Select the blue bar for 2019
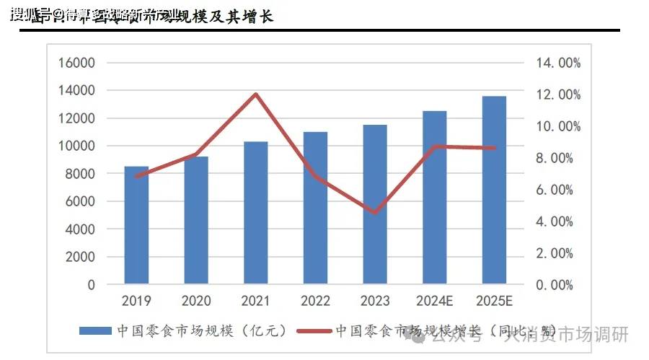pyautogui.click(x=136, y=225)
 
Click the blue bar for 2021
pyautogui.click(x=256, y=213)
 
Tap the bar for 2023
pyautogui.click(x=375, y=204)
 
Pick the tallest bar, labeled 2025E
pyautogui.click(x=494, y=190)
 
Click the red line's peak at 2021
pyautogui.click(x=256, y=94)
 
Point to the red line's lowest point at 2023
pyautogui.click(x=375, y=213)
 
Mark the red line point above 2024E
pyautogui.click(x=435, y=146)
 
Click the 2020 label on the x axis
pyautogui.click(x=196, y=300)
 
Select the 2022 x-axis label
pyautogui.click(x=316, y=300)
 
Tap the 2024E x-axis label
pyautogui.click(x=435, y=300)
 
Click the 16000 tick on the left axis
pyautogui.click(x=76, y=63)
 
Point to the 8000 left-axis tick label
pyautogui.click(x=79, y=174)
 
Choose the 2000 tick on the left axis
pyautogui.click(x=79, y=257)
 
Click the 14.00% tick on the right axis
pyautogui.click(x=558, y=63)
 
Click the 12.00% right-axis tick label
pyautogui.click(x=558, y=95)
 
